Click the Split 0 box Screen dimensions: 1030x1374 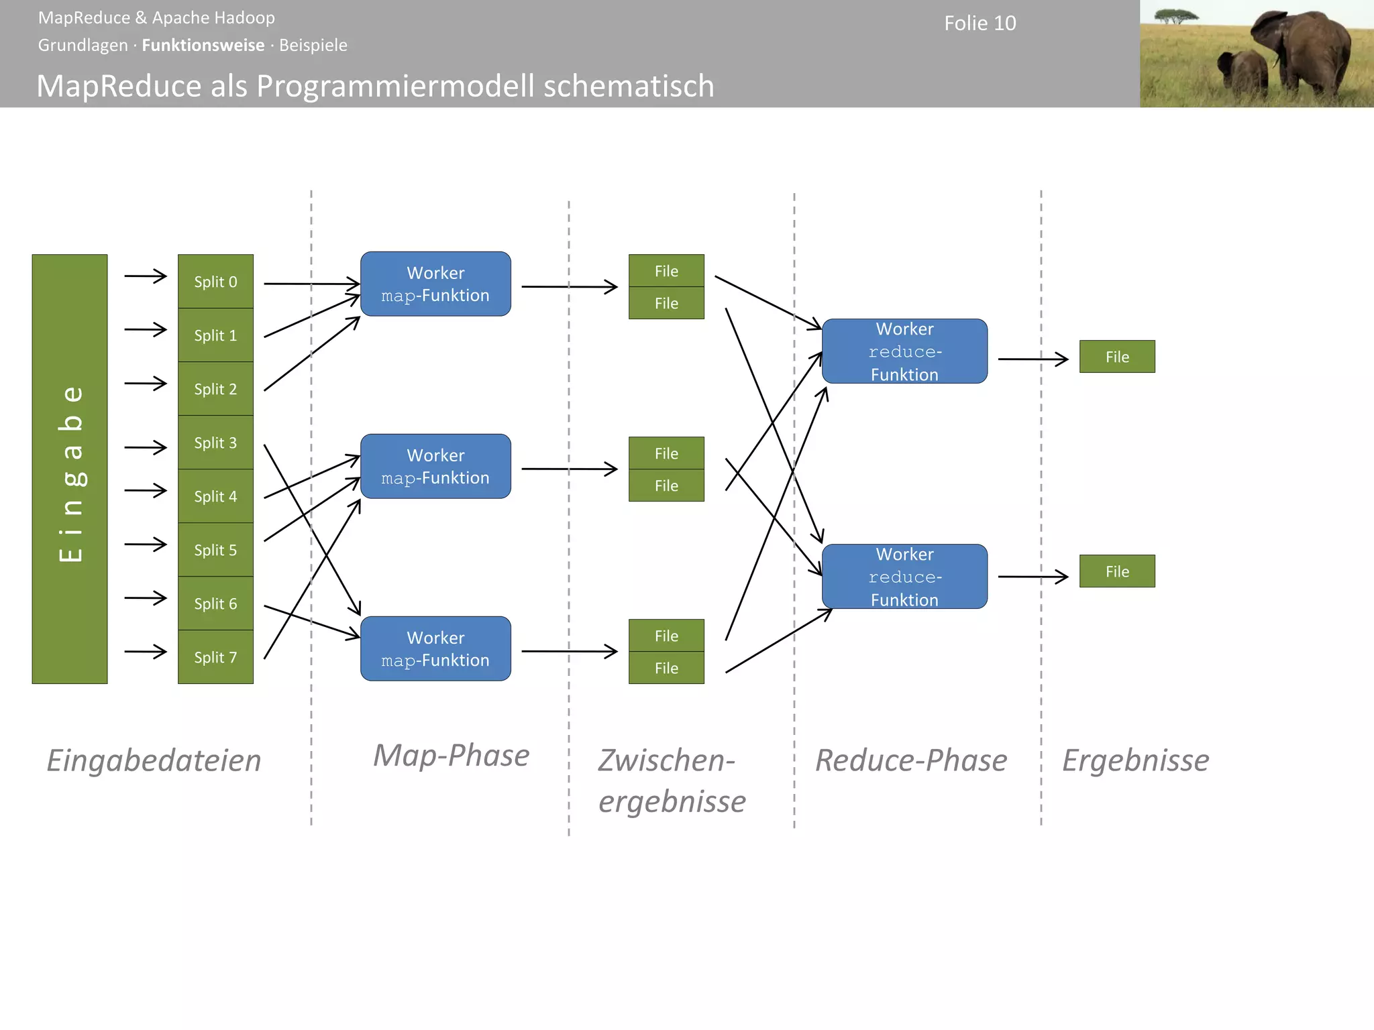(215, 282)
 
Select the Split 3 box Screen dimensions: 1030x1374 (215, 443)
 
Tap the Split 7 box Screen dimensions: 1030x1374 (215, 657)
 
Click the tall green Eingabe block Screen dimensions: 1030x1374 (70, 469)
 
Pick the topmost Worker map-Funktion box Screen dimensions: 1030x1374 (435, 284)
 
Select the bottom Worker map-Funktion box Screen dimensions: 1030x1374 (435, 648)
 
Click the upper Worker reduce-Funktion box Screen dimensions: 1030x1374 (904, 351)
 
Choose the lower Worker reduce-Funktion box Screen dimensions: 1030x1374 (904, 577)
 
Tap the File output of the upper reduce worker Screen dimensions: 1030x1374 (1117, 357)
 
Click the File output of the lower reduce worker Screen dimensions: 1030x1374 (1117, 571)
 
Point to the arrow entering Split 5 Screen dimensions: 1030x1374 (146, 544)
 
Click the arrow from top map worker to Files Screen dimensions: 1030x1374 (569, 287)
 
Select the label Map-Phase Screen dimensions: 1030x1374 (451, 756)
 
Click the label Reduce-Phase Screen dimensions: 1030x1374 (910, 760)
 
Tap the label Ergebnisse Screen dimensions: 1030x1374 (1135, 760)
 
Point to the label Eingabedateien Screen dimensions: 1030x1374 (154, 760)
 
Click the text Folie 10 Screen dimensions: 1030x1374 (980, 23)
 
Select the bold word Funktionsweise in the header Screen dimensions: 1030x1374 (203, 45)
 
